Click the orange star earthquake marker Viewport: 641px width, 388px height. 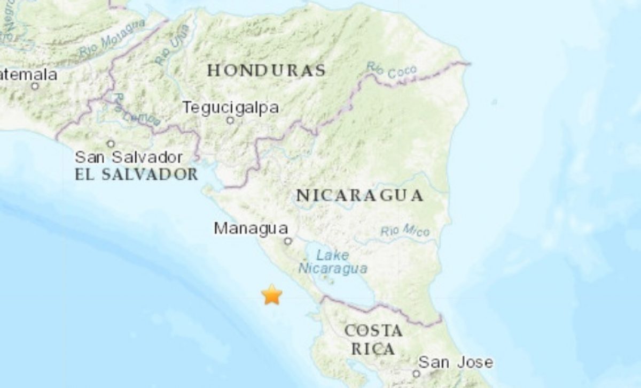coord(272,295)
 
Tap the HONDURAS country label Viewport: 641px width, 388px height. coord(267,71)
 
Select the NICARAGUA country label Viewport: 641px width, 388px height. coord(360,196)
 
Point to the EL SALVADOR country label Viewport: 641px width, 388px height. coord(136,174)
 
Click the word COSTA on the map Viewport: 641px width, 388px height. coord(373,331)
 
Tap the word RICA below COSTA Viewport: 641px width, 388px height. coord(373,349)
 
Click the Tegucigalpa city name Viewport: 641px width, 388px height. coord(231,108)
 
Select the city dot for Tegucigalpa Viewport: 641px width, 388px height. coord(230,120)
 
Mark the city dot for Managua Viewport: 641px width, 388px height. coord(288,241)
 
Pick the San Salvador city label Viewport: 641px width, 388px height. coord(129,157)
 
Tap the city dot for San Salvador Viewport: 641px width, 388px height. coord(111,143)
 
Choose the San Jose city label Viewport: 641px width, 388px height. coord(455,362)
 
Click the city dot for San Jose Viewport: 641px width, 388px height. coord(416,374)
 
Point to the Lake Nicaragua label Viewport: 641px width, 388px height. coord(333,262)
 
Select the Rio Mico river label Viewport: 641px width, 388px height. coord(405,232)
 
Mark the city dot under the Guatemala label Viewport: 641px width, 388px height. coord(35,86)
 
